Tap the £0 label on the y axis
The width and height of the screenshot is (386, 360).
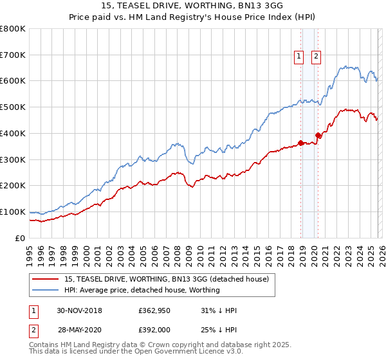coord(21,238)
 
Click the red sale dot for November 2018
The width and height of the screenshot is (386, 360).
coord(300,143)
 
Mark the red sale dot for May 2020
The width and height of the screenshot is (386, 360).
coord(318,135)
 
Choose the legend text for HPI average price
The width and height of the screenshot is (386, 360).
coord(142,290)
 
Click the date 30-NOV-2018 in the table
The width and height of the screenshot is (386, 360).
coord(79,310)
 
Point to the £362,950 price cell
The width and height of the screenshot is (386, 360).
coord(155,310)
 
